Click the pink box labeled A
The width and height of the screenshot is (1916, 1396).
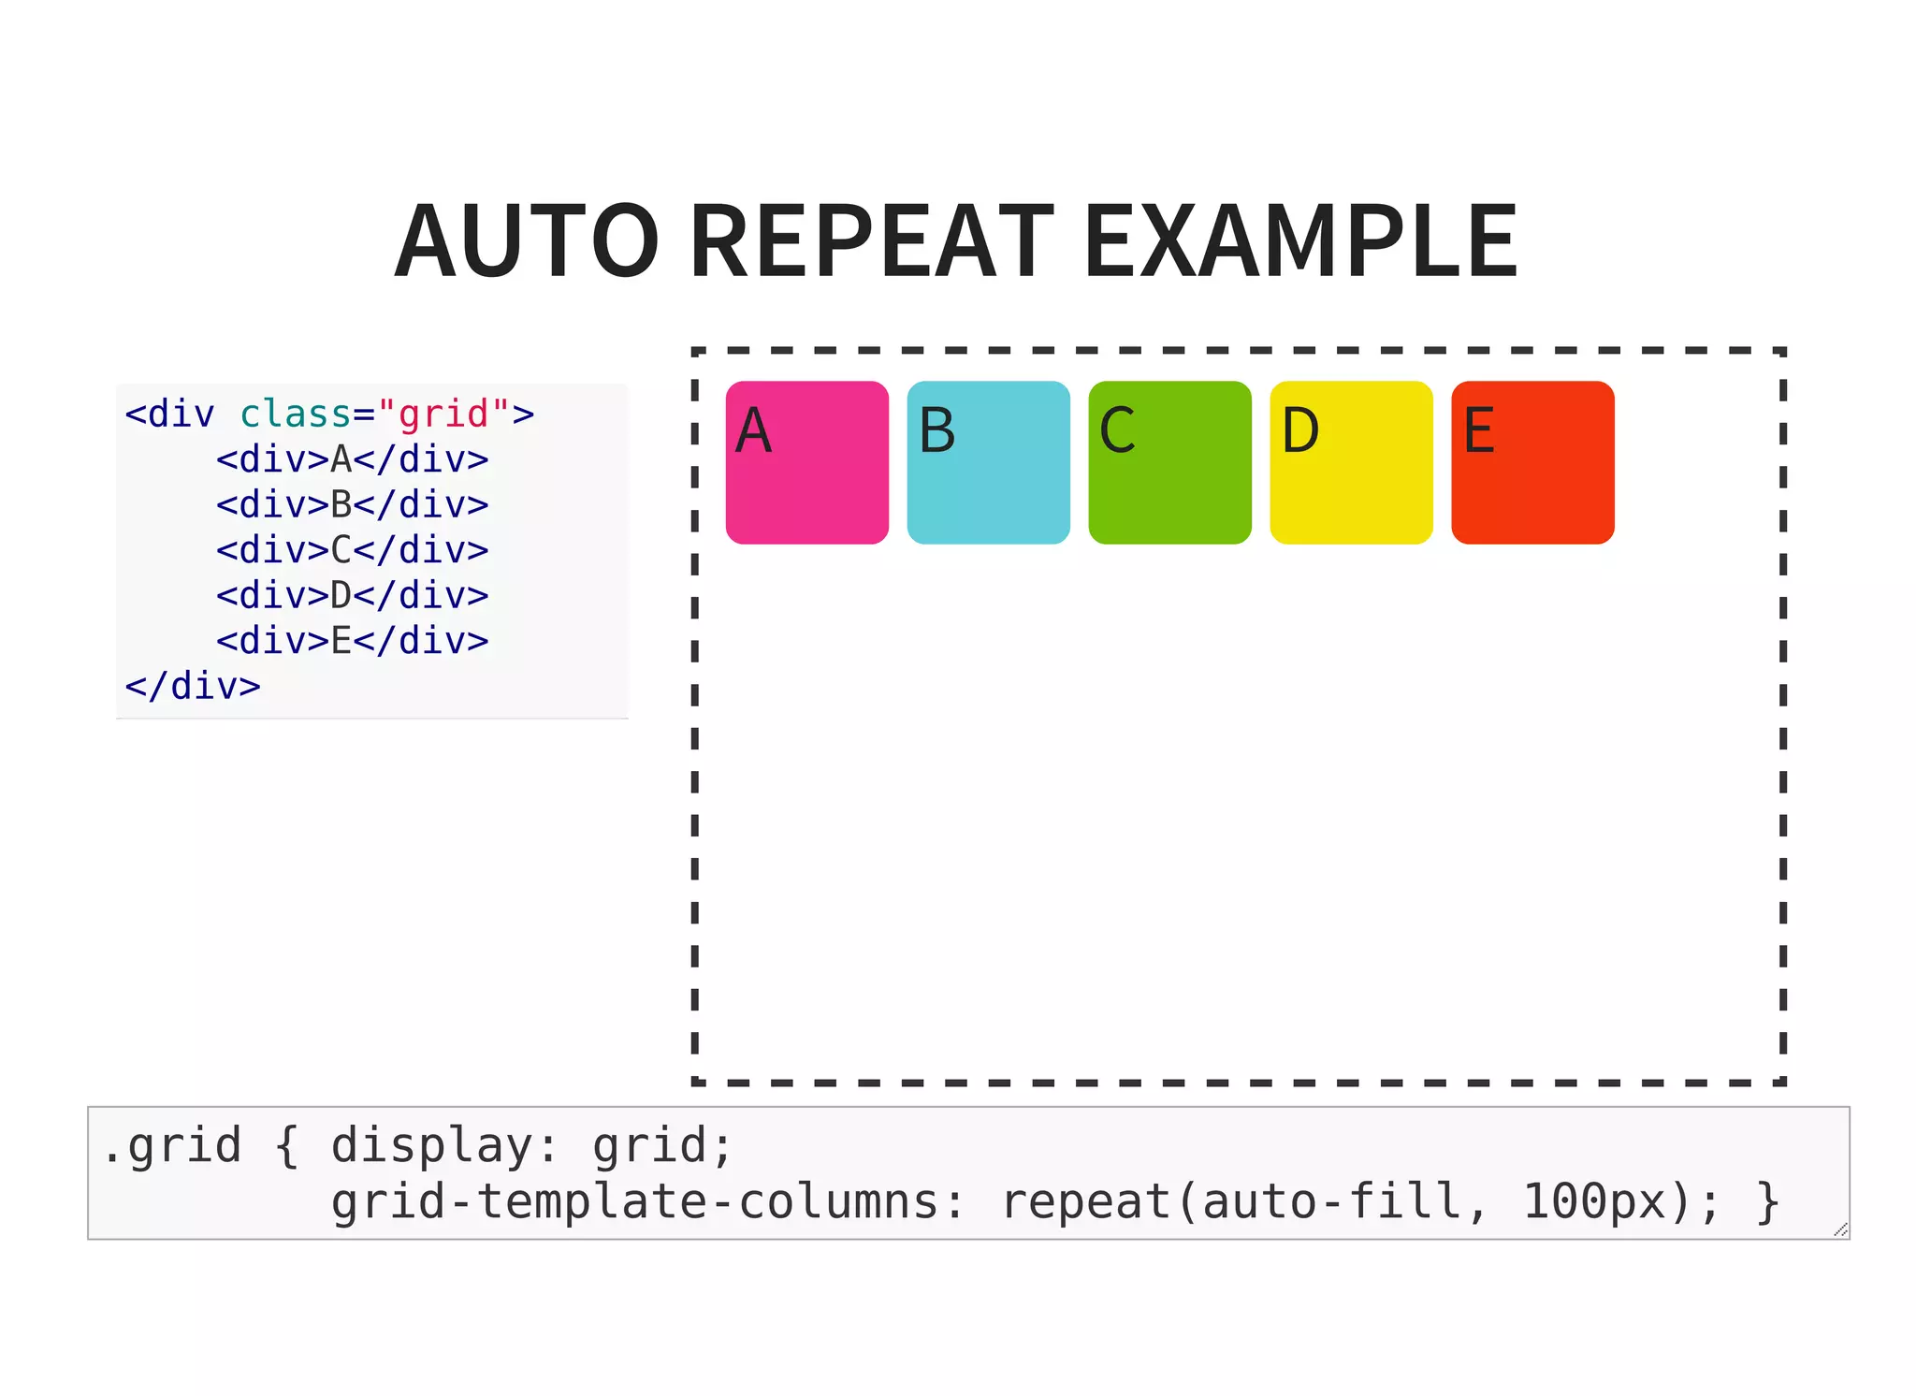tap(806, 462)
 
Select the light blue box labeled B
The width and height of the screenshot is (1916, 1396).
tap(988, 462)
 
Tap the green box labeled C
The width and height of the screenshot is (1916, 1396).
tap(1169, 462)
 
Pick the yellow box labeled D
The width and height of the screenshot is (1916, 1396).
tap(1351, 462)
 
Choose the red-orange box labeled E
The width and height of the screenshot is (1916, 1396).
tap(1532, 462)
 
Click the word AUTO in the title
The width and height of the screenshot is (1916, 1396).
tap(527, 241)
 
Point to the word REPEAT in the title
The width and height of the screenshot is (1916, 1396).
tap(872, 241)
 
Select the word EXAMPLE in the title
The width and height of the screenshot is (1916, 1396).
tap(1300, 241)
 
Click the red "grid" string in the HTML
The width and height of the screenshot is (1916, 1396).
tap(443, 414)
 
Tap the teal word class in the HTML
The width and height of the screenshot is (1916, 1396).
tap(295, 414)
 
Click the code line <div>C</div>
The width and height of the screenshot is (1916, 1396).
tap(352, 550)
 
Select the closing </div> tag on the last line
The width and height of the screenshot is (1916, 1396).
tap(193, 686)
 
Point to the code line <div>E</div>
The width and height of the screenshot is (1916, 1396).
tap(352, 641)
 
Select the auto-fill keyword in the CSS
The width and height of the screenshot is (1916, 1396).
tap(1332, 1202)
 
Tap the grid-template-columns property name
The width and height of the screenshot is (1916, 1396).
tap(635, 1202)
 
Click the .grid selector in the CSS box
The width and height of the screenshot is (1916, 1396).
tap(172, 1146)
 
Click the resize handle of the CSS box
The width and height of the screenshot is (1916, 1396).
tap(1840, 1229)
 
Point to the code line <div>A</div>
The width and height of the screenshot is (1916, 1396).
tap(352, 459)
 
